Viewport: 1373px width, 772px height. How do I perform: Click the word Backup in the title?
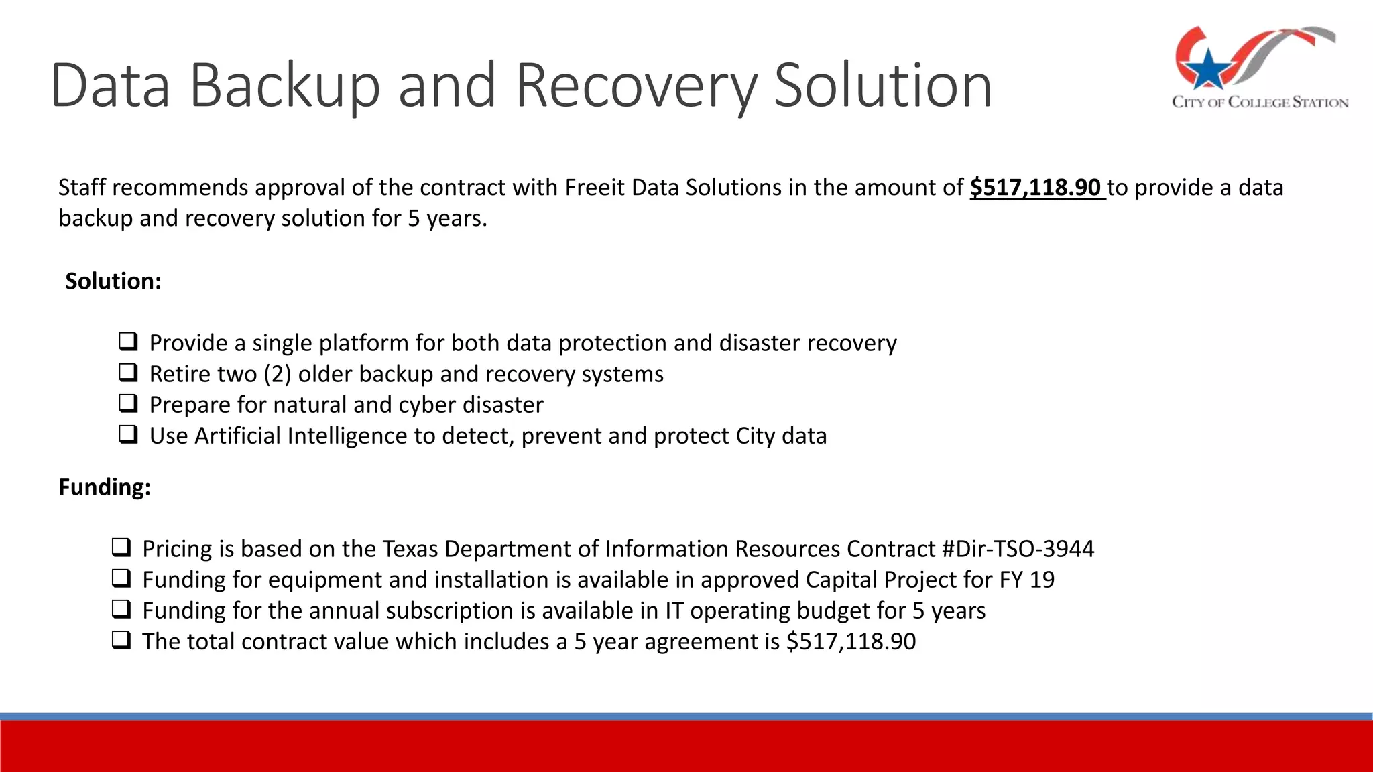point(284,85)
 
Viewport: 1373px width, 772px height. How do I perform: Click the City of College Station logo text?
point(1260,103)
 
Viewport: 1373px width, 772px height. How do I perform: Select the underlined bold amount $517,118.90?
point(1036,188)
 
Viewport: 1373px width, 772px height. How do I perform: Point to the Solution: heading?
point(113,281)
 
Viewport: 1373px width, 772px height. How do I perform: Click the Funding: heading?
point(105,487)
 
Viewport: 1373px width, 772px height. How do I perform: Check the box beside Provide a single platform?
point(128,342)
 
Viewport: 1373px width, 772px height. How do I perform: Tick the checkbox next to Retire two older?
point(128,373)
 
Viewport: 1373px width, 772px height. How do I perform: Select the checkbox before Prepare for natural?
point(128,403)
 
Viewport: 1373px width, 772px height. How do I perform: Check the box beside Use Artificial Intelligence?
point(128,434)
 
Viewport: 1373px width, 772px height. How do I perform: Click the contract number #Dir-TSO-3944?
point(1018,549)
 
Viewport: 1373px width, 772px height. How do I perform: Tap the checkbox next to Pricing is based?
point(121,548)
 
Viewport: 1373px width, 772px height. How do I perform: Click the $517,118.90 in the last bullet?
point(851,641)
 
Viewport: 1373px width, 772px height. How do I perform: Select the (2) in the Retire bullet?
point(278,374)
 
